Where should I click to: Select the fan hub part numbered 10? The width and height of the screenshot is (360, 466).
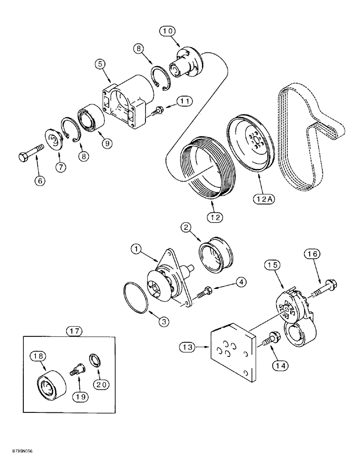pos(184,62)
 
